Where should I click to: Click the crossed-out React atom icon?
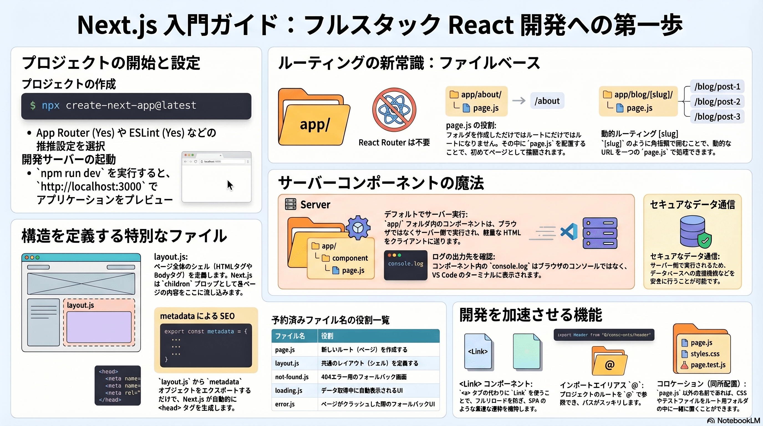[394, 110]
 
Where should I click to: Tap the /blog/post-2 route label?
[717, 102]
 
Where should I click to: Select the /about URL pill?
[547, 101]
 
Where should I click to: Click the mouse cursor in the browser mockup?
[230, 185]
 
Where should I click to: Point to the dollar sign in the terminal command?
[33, 105]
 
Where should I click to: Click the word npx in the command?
[51, 105]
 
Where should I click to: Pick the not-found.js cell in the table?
[292, 377]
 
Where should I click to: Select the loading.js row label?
[289, 390]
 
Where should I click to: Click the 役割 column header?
[327, 336]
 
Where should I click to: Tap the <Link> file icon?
[478, 352]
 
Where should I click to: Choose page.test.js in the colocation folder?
[708, 365]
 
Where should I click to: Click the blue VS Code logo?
[569, 232]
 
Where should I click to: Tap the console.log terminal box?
[406, 265]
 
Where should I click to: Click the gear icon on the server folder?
[358, 227]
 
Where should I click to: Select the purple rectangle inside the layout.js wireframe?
[99, 327]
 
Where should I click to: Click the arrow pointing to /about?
[519, 101]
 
